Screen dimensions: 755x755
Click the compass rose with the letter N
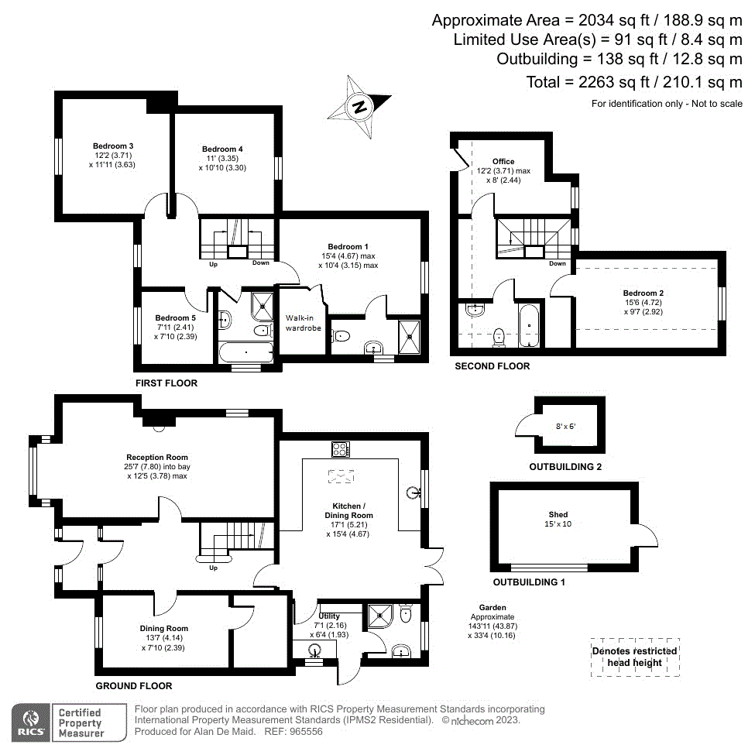(359, 107)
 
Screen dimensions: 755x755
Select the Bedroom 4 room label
(222, 149)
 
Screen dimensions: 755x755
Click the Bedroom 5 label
(175, 318)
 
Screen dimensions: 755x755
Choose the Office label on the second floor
(503, 162)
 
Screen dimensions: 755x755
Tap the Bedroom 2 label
(643, 293)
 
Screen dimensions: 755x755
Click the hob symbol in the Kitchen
(340, 448)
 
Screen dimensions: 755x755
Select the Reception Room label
(157, 458)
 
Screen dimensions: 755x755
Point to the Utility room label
(329, 616)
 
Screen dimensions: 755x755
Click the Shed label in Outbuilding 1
(558, 515)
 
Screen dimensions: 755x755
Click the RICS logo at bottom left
(30, 722)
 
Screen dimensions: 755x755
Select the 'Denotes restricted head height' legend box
(634, 657)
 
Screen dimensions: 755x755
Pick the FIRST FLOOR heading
(166, 383)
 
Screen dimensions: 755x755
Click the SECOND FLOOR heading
(492, 366)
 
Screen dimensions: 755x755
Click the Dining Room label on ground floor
(163, 629)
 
